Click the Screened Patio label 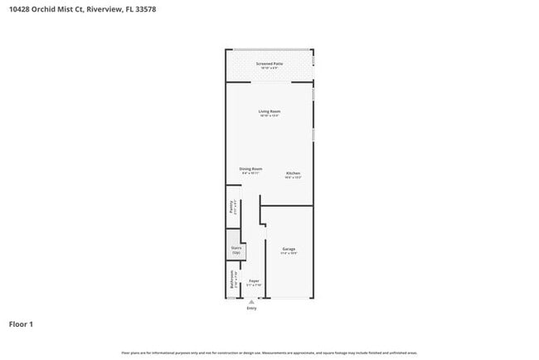pos(269,62)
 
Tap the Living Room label pos(269,111)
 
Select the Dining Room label pos(251,168)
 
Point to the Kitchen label pos(294,173)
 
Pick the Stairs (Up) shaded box pos(236,250)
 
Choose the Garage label pos(289,249)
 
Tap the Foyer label pos(255,280)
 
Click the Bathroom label pos(231,282)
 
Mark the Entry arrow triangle pos(251,302)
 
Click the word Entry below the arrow pos(251,309)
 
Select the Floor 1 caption pos(22,324)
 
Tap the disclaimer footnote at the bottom pos(269,352)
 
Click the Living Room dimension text pos(269,116)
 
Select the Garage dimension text pos(289,254)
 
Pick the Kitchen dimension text pos(294,178)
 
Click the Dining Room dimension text pos(251,173)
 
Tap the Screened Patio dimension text pos(269,67)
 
